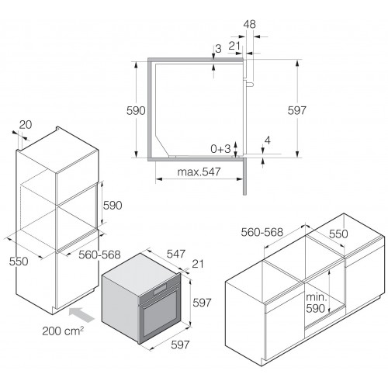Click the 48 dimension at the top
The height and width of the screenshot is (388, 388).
tap(250, 24)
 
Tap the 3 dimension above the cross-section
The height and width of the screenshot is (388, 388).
tap(218, 49)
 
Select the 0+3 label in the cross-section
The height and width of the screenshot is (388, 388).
tap(220, 149)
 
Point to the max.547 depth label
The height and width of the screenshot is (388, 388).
tap(199, 171)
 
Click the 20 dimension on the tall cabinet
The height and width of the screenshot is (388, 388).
tap(26, 125)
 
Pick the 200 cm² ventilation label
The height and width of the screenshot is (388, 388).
tap(63, 331)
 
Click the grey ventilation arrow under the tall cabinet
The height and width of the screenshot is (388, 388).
tap(81, 314)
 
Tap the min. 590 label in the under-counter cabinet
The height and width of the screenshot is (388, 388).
tap(316, 303)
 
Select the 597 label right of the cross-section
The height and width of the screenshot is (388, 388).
tap(296, 110)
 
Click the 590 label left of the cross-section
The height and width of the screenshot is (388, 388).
tap(136, 111)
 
